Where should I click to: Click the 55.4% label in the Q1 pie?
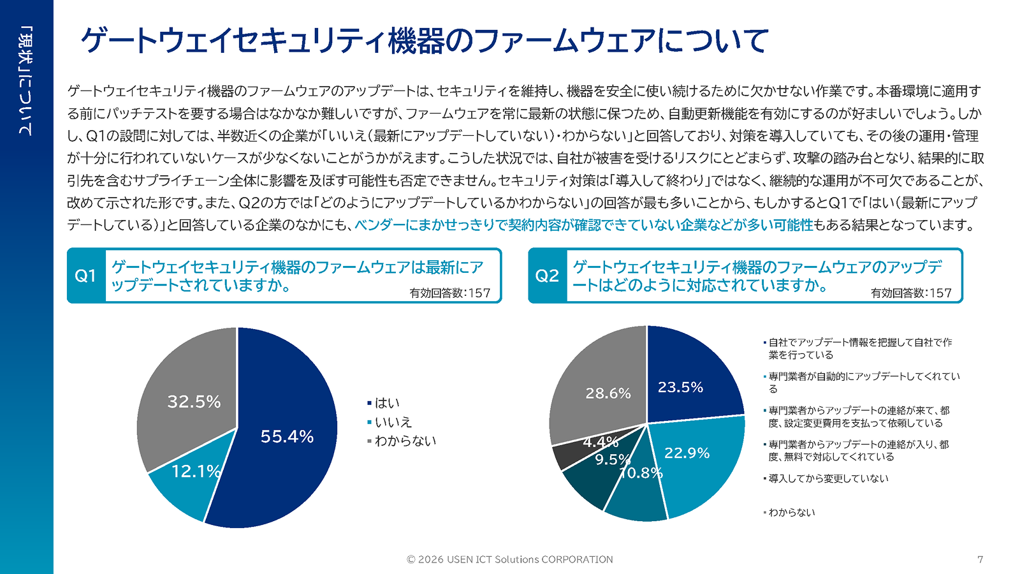(287, 436)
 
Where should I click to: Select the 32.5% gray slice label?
(194, 401)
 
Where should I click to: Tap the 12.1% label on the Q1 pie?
(196, 471)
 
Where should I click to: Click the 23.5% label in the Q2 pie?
(680, 387)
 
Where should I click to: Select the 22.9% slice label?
(687, 453)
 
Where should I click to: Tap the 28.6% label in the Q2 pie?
(608, 394)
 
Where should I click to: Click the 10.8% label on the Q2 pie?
(641, 473)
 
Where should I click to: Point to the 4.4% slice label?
(601, 441)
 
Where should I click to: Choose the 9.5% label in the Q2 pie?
(613, 459)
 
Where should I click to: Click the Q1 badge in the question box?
(85, 276)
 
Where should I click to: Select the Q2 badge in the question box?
(547, 276)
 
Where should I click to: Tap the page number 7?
(980, 559)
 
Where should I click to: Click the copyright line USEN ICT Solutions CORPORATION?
(510, 559)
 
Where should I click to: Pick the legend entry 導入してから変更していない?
(827, 478)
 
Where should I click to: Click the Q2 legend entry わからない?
(791, 512)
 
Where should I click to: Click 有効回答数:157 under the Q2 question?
(911, 293)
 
